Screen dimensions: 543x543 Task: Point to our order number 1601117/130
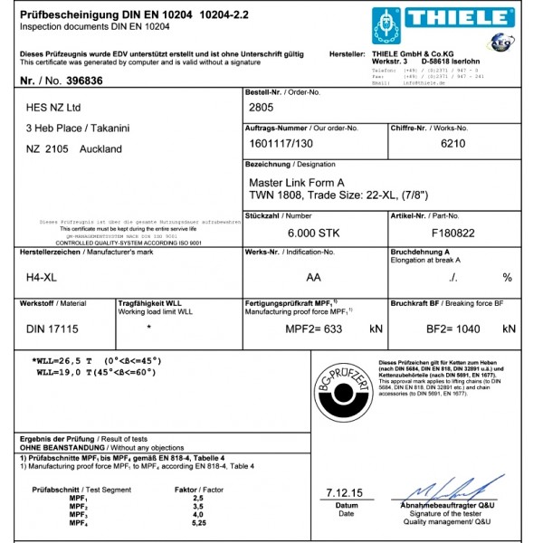[x=281, y=143]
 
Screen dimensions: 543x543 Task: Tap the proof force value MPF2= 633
[x=314, y=329]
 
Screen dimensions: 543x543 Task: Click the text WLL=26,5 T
[x=66, y=362]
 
